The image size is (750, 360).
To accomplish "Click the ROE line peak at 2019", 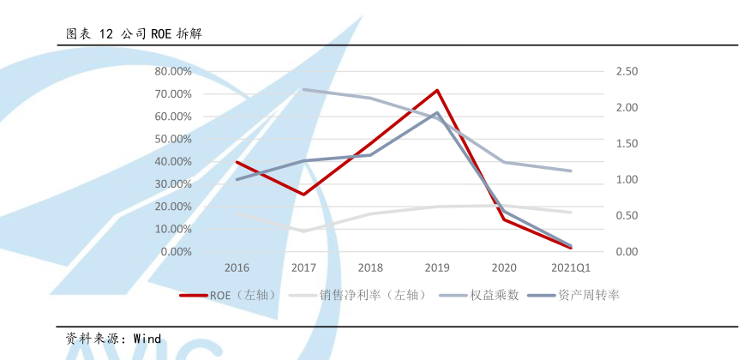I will point(437,90).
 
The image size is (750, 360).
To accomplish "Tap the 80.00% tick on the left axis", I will point(173,71).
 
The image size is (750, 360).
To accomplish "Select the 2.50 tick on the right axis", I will point(627,71).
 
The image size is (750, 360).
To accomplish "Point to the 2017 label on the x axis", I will point(303,268).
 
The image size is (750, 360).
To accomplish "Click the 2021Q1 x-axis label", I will point(571,268).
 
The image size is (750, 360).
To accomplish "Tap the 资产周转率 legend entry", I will point(588,295).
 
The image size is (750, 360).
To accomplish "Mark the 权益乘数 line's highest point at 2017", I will point(303,89).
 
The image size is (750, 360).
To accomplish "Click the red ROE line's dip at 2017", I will point(303,195).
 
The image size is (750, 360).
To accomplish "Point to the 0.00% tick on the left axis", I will point(176,252).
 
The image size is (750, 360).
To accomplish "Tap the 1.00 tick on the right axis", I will point(627,180).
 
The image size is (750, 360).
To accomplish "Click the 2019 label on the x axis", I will point(437,268).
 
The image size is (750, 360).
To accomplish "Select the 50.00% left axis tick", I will point(173,139).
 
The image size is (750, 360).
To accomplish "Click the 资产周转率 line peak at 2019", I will point(437,112).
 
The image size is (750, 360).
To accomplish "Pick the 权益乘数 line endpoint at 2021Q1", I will point(571,171).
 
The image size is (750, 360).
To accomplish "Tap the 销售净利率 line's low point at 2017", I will point(303,231).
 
